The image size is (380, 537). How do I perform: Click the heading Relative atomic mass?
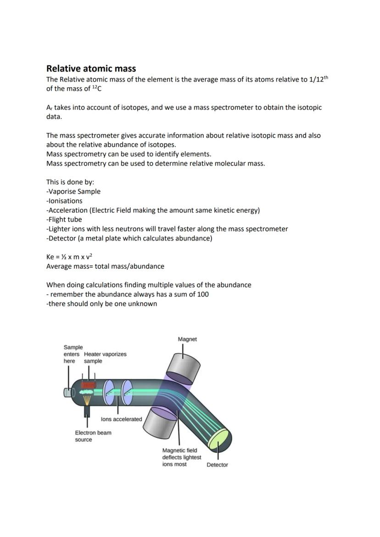91,68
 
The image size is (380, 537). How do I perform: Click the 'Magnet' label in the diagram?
187,339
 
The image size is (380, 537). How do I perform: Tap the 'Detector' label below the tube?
217,465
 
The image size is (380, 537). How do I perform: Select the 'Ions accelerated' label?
121,419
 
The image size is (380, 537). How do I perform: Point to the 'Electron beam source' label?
93,436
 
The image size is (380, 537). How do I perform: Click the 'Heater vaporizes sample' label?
105,357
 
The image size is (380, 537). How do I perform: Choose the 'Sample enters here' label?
73,354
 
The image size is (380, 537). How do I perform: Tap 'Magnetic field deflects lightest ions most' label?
181,457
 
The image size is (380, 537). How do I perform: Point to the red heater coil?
89,385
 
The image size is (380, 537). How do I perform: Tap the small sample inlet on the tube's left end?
68,392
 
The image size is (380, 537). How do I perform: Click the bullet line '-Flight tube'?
64,220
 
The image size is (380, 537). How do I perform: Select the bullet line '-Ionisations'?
64,201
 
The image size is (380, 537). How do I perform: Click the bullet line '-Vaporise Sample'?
73,192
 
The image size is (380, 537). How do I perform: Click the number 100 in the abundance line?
203,294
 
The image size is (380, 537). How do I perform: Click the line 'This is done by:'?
70,182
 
